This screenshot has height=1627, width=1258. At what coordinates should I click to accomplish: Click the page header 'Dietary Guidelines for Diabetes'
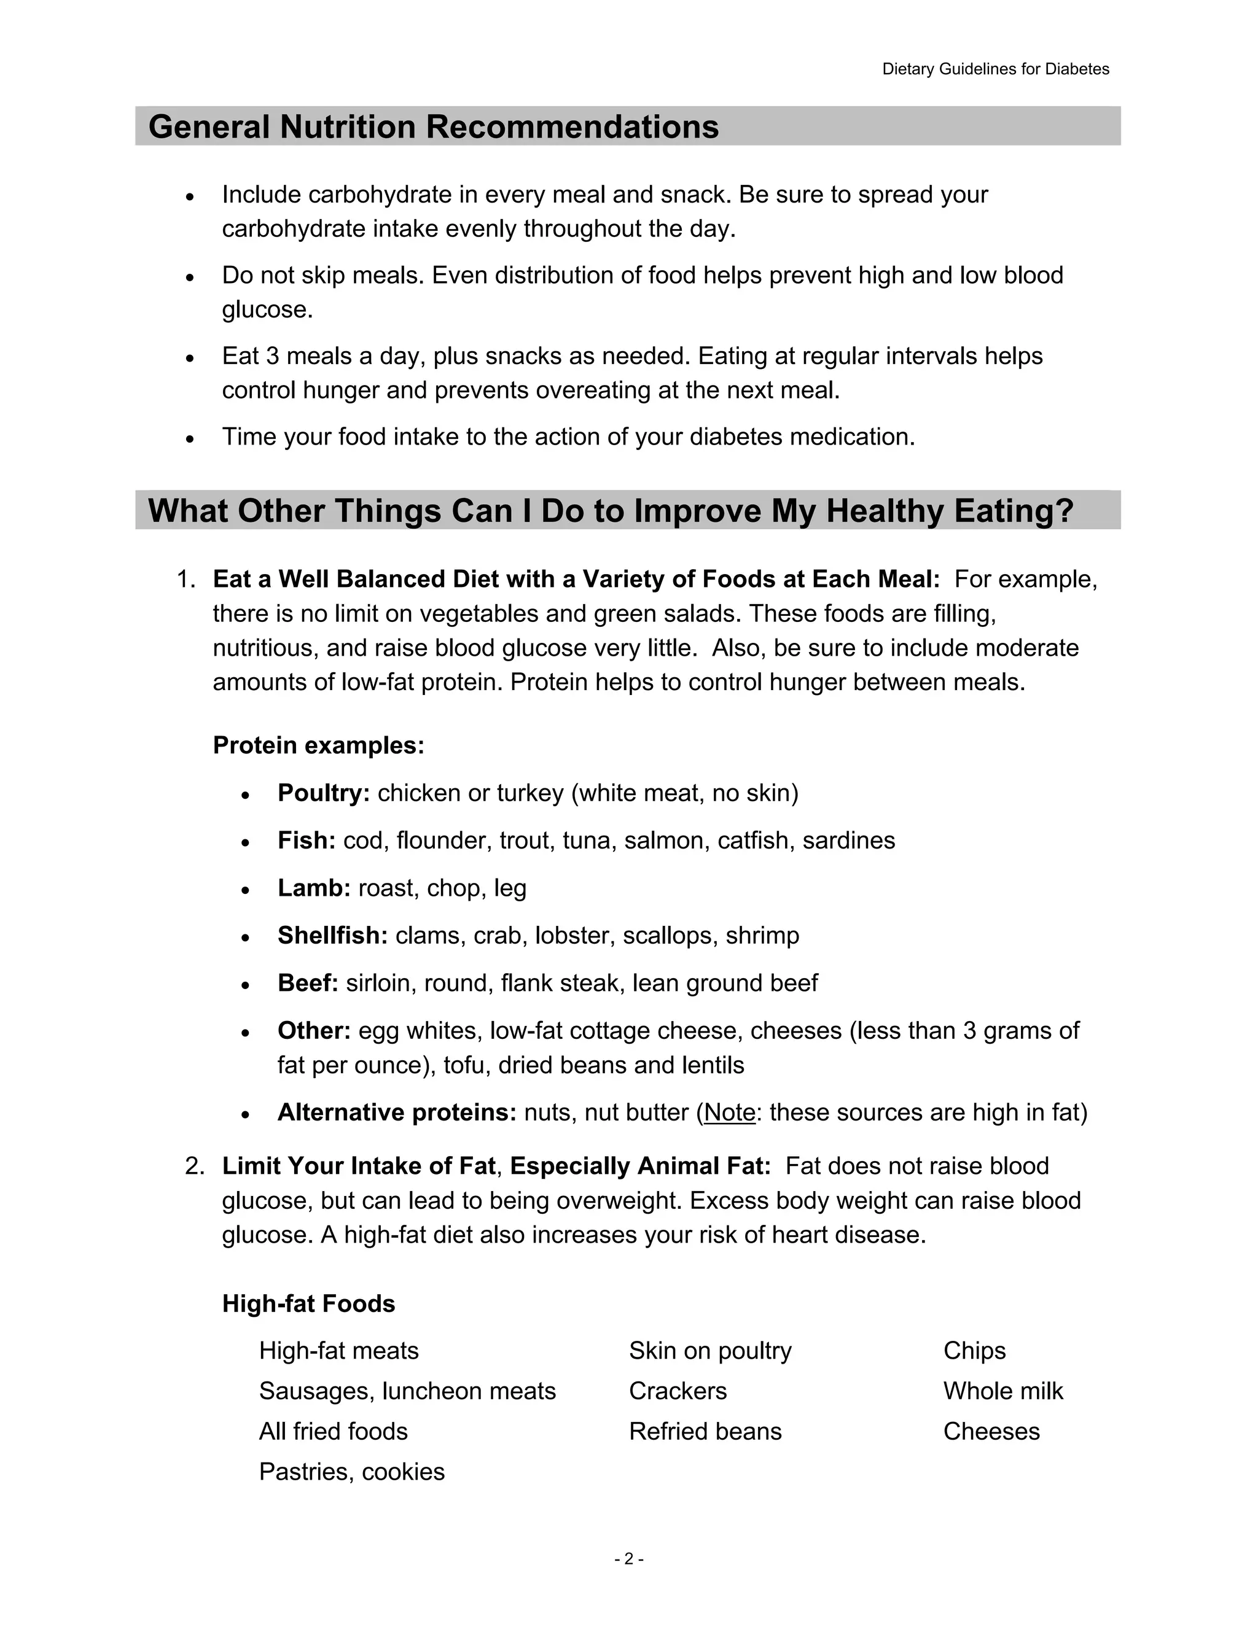(x=995, y=69)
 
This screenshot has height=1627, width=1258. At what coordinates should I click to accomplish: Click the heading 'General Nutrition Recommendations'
(x=433, y=126)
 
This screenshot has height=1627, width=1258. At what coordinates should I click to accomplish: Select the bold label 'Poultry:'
(x=324, y=793)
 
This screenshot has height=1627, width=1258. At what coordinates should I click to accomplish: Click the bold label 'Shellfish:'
(x=332, y=935)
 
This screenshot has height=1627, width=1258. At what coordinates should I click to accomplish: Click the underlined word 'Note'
(x=730, y=1112)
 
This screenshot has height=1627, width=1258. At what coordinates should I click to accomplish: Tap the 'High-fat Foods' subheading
(x=308, y=1303)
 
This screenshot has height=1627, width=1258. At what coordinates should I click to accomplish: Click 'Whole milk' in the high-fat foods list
(x=1002, y=1391)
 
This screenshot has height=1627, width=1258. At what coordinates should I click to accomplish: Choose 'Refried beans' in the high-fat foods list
(x=705, y=1431)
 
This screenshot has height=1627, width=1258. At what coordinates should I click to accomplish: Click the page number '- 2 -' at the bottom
(x=629, y=1558)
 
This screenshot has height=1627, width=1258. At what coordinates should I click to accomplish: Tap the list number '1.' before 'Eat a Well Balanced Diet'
(x=186, y=579)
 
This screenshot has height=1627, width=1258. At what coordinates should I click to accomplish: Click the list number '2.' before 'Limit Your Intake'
(x=195, y=1166)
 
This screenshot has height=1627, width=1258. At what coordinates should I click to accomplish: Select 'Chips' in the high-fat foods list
(x=974, y=1351)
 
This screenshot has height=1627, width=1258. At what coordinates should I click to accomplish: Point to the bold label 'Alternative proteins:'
(x=396, y=1112)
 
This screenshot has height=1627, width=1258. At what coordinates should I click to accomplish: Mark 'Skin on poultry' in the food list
(x=709, y=1351)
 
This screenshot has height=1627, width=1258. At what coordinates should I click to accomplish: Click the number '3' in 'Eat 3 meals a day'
(x=272, y=356)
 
